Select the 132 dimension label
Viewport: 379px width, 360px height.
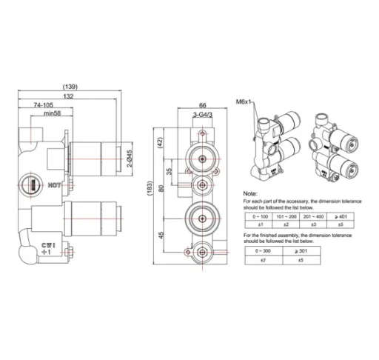pos(69,97)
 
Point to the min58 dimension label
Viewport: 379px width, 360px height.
pos(53,114)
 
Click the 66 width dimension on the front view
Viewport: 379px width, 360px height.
pos(201,105)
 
